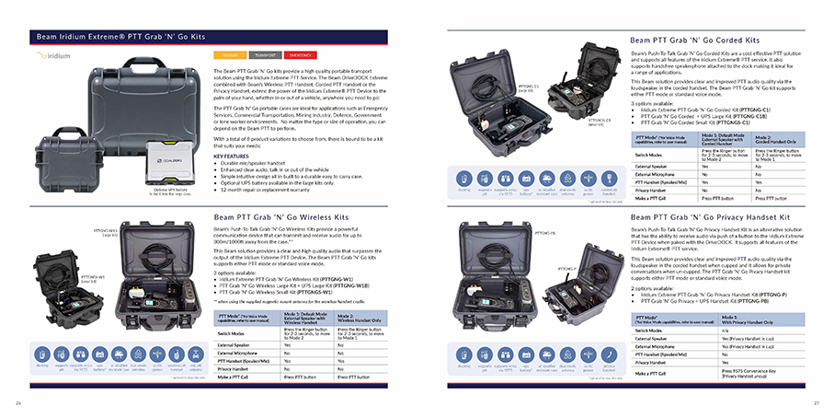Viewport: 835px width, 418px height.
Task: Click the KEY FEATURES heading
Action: [x=231, y=156]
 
